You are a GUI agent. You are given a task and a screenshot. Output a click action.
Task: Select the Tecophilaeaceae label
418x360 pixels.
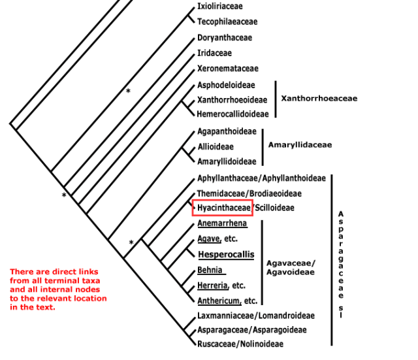(x=227, y=22)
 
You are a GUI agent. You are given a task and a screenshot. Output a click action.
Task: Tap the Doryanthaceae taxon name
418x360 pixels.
(x=224, y=38)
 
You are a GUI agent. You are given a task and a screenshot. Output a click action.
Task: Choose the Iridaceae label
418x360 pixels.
(x=214, y=53)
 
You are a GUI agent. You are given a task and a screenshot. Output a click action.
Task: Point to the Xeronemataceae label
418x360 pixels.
(x=228, y=69)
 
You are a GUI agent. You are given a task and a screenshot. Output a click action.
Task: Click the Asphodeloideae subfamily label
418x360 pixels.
(x=226, y=85)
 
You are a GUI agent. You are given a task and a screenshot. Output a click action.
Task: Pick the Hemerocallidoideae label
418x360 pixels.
(x=233, y=114)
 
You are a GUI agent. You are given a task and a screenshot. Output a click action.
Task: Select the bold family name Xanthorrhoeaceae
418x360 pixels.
(x=319, y=99)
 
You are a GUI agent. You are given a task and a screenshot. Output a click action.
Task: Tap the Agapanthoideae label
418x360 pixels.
(x=227, y=131)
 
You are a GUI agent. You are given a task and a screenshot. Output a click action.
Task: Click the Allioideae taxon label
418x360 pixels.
(x=216, y=147)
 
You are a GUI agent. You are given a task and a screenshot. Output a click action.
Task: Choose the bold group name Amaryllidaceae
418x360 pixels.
(x=300, y=145)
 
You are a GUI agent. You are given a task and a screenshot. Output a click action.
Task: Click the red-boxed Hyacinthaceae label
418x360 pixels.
(x=224, y=208)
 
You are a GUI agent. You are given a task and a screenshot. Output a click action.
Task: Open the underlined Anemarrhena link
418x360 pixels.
(x=223, y=223)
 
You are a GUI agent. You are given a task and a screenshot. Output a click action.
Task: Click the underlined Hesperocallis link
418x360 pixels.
(x=226, y=254)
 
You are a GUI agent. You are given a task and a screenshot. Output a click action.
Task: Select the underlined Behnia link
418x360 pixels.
(x=210, y=270)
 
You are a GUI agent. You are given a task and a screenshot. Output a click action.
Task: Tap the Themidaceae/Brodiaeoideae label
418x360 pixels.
(x=249, y=193)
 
